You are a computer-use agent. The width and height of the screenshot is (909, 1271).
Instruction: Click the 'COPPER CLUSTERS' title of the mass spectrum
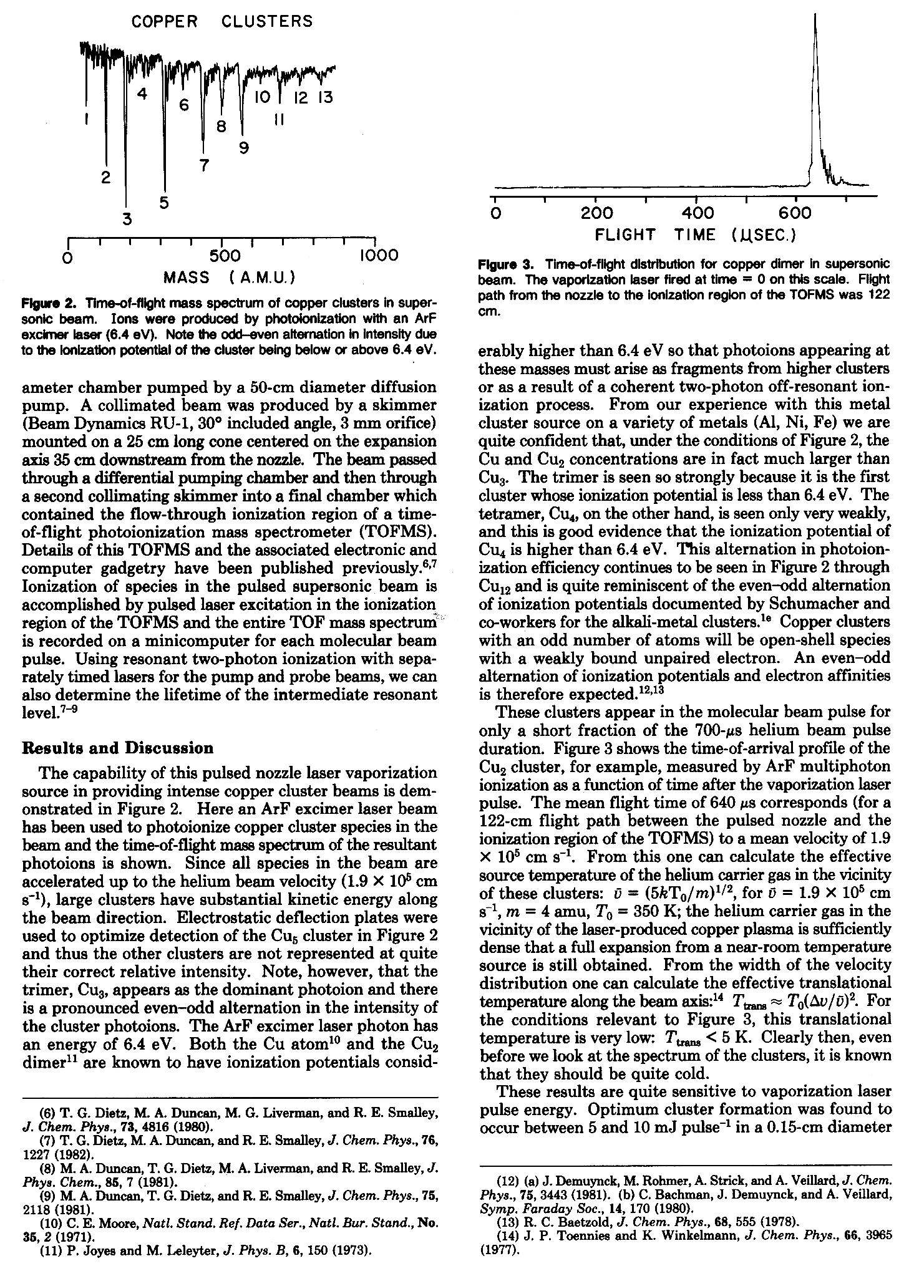click(221, 21)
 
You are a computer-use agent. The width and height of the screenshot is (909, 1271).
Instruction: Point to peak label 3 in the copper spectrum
click(127, 220)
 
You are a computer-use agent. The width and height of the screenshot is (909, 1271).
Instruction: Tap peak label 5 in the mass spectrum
click(164, 203)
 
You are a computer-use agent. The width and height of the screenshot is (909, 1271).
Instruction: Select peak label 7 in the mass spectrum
click(203, 165)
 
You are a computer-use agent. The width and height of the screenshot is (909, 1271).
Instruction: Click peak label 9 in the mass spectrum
click(243, 148)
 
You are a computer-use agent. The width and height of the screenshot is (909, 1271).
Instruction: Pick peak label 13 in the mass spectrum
click(324, 99)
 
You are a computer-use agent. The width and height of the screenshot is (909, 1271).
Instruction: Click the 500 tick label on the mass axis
click(225, 256)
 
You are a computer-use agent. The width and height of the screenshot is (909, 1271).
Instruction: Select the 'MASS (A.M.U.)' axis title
click(229, 276)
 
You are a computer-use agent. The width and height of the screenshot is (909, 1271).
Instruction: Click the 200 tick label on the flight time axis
click(597, 214)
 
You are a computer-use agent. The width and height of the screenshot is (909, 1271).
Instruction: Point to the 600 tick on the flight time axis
click(796, 214)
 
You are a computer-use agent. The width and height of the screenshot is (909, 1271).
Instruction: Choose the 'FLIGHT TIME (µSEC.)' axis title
click(696, 235)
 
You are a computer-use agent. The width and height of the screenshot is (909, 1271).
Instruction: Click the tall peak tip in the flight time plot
click(815, 15)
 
